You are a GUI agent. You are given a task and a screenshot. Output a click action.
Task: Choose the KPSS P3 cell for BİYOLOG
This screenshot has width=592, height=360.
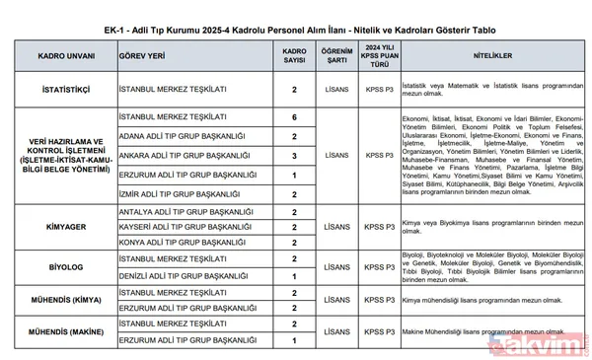[379, 267]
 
